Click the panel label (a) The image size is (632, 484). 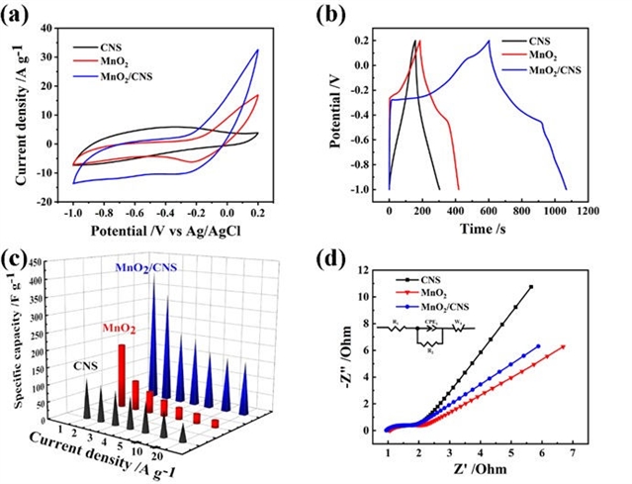pos(18,13)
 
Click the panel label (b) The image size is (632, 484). pos(336,13)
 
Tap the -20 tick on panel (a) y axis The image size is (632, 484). pos(48,201)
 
